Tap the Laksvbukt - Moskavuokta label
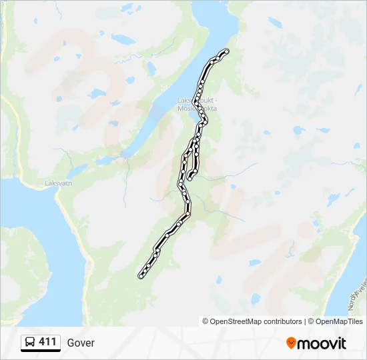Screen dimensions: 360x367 pos(197,104)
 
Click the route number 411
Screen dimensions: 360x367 pos(47,342)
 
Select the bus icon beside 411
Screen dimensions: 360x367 pos(31,343)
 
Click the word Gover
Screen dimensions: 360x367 pos(81,343)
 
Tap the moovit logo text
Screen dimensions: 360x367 pos(322,343)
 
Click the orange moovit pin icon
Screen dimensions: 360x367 pos(291,343)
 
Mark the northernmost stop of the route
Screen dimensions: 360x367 pos(227,51)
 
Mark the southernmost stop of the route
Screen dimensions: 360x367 pos(140,276)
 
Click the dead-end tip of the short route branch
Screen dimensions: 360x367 pos(190,178)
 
